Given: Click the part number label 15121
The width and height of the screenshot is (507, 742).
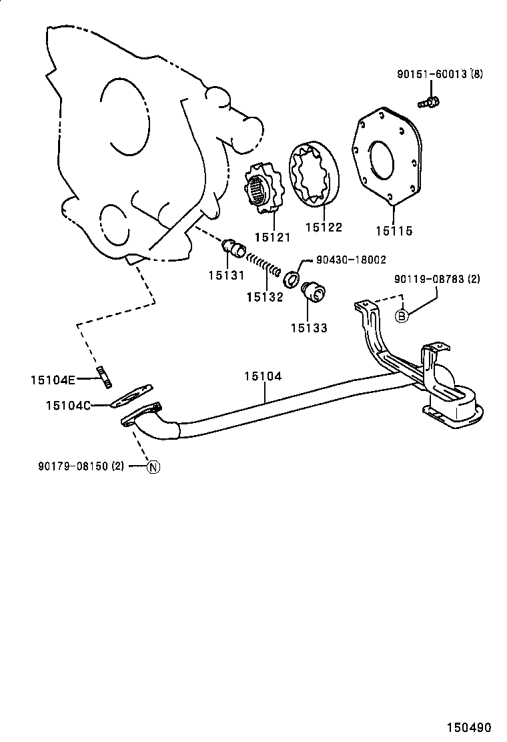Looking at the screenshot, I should click(271, 237).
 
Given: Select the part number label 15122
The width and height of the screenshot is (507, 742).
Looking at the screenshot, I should click(324, 228).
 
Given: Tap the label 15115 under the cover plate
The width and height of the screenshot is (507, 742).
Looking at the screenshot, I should click(394, 231).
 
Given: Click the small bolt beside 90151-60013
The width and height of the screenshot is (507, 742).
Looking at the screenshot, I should click(428, 102).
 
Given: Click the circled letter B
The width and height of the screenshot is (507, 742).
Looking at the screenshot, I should click(402, 316).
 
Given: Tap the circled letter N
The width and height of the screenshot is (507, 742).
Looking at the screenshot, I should click(153, 467).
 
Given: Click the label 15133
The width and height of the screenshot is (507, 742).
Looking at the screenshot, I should click(309, 328).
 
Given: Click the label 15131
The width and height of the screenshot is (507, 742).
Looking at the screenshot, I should click(225, 275).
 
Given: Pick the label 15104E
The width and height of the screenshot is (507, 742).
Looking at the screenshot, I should click(53, 380).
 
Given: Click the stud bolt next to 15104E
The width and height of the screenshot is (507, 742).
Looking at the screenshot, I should click(103, 376).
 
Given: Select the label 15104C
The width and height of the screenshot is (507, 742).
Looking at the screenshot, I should click(68, 404).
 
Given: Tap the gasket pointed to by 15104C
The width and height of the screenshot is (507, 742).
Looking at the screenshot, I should click(131, 396).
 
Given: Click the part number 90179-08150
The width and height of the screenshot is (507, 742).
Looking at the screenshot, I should click(81, 466).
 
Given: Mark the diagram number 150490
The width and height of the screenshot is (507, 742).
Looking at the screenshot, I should click(469, 727).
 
